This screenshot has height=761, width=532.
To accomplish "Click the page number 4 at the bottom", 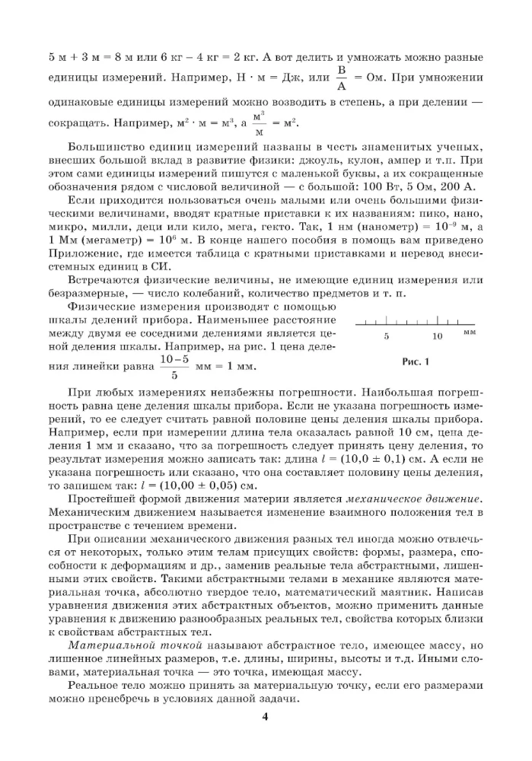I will tap(266, 716).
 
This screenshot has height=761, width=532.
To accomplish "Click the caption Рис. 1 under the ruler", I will tap(416, 361).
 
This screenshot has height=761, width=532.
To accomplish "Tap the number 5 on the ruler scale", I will tap(386, 336).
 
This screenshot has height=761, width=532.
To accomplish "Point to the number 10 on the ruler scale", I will tap(437, 336).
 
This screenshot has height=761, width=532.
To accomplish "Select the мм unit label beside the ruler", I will tap(469, 333).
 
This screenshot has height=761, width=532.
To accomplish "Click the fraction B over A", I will tap(342, 78).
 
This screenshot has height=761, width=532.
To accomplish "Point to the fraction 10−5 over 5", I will tap(174, 366).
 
